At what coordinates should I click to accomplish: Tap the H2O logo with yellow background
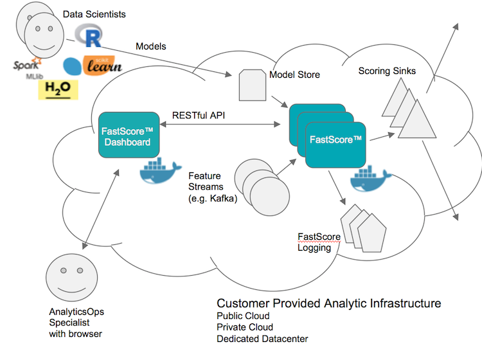(58, 87)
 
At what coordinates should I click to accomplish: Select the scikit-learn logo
(93, 66)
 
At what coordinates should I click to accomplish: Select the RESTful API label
(198, 116)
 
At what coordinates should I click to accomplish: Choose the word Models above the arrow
(152, 46)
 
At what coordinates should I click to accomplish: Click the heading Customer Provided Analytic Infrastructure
(328, 303)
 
